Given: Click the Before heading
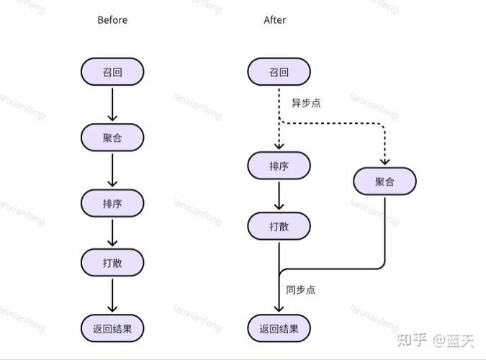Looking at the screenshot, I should [x=112, y=20].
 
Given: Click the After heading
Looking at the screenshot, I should [x=275, y=20].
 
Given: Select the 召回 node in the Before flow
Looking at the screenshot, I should [x=112, y=72].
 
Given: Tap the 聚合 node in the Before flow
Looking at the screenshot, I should [x=112, y=138].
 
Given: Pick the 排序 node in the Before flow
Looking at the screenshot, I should [x=112, y=203].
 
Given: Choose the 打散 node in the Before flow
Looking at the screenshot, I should [x=112, y=263].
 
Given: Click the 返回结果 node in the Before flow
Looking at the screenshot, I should [x=112, y=328].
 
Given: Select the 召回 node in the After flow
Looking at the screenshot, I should [x=279, y=72].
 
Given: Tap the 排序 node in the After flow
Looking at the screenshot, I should [x=279, y=166].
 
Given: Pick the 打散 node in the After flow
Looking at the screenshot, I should [x=279, y=226].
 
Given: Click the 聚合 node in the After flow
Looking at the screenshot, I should [x=384, y=181].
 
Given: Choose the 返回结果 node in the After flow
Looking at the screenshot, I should [x=279, y=328].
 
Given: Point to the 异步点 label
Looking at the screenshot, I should [x=305, y=103].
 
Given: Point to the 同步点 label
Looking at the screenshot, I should [x=300, y=290].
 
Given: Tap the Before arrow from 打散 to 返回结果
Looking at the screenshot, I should [x=112, y=295].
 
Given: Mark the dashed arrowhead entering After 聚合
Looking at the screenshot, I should [x=384, y=161].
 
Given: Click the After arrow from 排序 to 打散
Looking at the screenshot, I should [x=279, y=196].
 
